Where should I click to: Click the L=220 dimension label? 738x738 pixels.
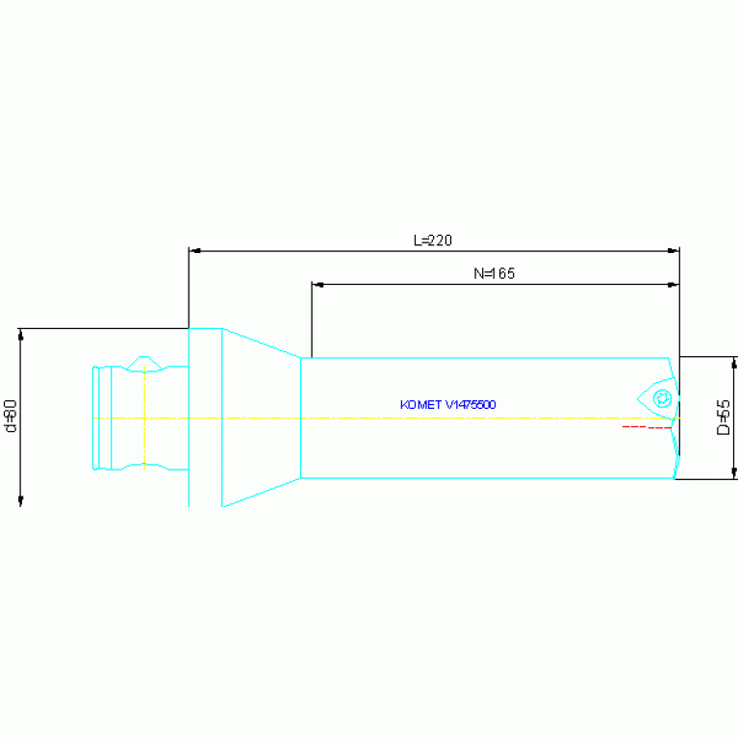pos(433,241)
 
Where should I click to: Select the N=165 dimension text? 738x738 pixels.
pos(495,273)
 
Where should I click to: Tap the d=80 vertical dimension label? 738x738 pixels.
pos(11,416)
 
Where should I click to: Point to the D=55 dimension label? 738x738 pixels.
pos(724,418)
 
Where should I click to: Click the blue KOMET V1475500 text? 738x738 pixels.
pos(447,405)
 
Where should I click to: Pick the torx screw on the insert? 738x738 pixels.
pos(662,398)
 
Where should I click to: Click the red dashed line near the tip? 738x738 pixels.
pos(647,427)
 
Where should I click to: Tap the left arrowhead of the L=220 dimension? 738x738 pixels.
pos(195,251)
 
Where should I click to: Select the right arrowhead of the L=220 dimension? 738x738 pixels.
pos(674,251)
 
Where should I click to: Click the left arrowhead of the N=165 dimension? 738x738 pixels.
pos(318,284)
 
